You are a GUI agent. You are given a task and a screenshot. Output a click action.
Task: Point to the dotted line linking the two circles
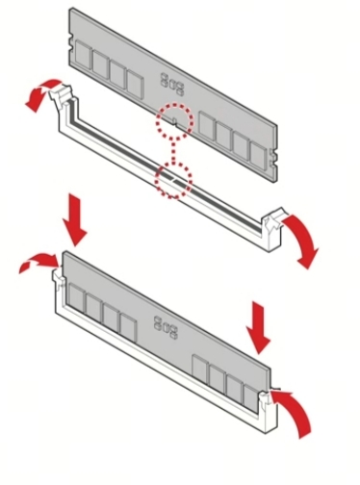coord(174,151)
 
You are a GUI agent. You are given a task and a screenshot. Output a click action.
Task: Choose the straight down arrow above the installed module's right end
coord(259,328)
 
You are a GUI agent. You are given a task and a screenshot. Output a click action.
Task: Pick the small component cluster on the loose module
coord(172,84)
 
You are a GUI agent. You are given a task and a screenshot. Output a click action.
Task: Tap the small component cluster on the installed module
coord(166,328)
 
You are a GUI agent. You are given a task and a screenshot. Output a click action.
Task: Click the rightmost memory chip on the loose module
coord(258,156)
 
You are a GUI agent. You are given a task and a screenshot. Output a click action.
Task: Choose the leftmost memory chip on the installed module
coord(77,298)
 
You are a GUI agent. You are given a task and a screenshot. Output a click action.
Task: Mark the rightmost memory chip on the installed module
coord(251,399)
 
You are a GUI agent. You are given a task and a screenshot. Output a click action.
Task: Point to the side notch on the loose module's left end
coord(70,43)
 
